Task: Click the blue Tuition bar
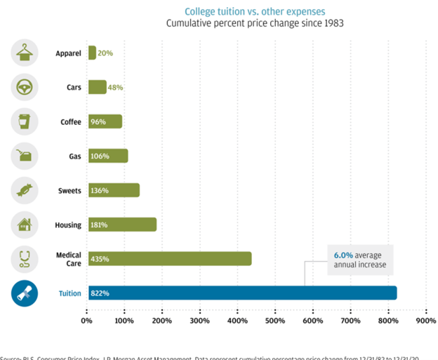coord(242,293)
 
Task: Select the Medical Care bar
coord(169,259)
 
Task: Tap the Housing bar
coord(122,225)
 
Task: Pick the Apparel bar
coord(92,53)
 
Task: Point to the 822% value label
coord(100,293)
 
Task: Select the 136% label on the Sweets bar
coord(100,190)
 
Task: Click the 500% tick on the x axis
coord(274,321)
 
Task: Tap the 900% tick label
coord(426,321)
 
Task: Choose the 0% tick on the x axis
coord(87,321)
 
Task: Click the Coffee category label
coord(70,122)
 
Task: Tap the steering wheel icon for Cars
coord(25,88)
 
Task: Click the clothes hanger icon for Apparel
coord(25,53)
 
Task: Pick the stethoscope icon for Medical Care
coord(25,259)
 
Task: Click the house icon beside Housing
coord(25,225)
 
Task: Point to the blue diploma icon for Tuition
coord(25,293)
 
